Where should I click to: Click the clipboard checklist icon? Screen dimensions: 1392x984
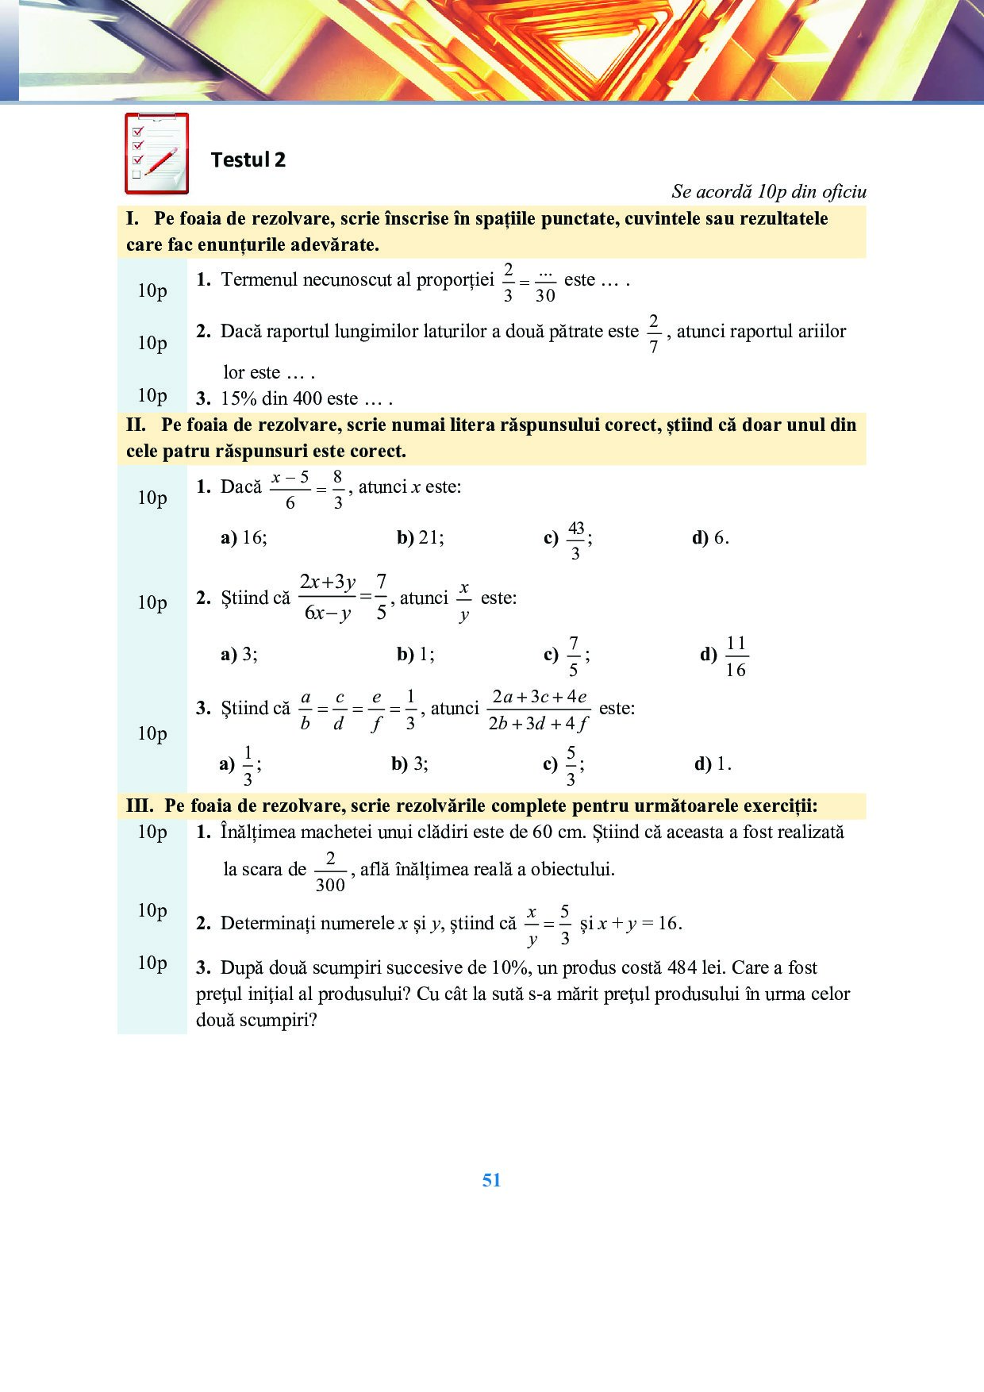tap(156, 153)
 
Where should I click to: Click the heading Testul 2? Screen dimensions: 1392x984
tap(248, 160)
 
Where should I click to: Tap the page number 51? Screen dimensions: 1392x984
tap(491, 1180)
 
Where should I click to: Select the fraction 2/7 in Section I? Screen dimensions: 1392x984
tap(653, 334)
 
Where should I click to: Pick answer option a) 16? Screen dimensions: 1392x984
tap(244, 537)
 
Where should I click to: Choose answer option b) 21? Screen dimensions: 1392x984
tap(421, 537)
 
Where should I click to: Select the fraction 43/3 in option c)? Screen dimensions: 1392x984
tap(575, 540)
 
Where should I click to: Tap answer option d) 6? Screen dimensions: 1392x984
tap(711, 537)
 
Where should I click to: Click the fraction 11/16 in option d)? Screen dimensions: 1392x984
tap(736, 656)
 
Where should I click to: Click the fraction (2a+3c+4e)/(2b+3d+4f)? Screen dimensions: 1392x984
tap(539, 709)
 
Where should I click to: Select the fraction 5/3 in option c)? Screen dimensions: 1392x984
tap(571, 766)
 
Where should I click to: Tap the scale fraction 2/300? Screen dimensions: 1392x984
tap(330, 871)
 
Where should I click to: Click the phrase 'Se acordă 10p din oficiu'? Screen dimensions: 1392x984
tap(768, 191)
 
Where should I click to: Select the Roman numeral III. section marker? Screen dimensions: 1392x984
tap(140, 806)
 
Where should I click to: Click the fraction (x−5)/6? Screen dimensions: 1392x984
tap(290, 490)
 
